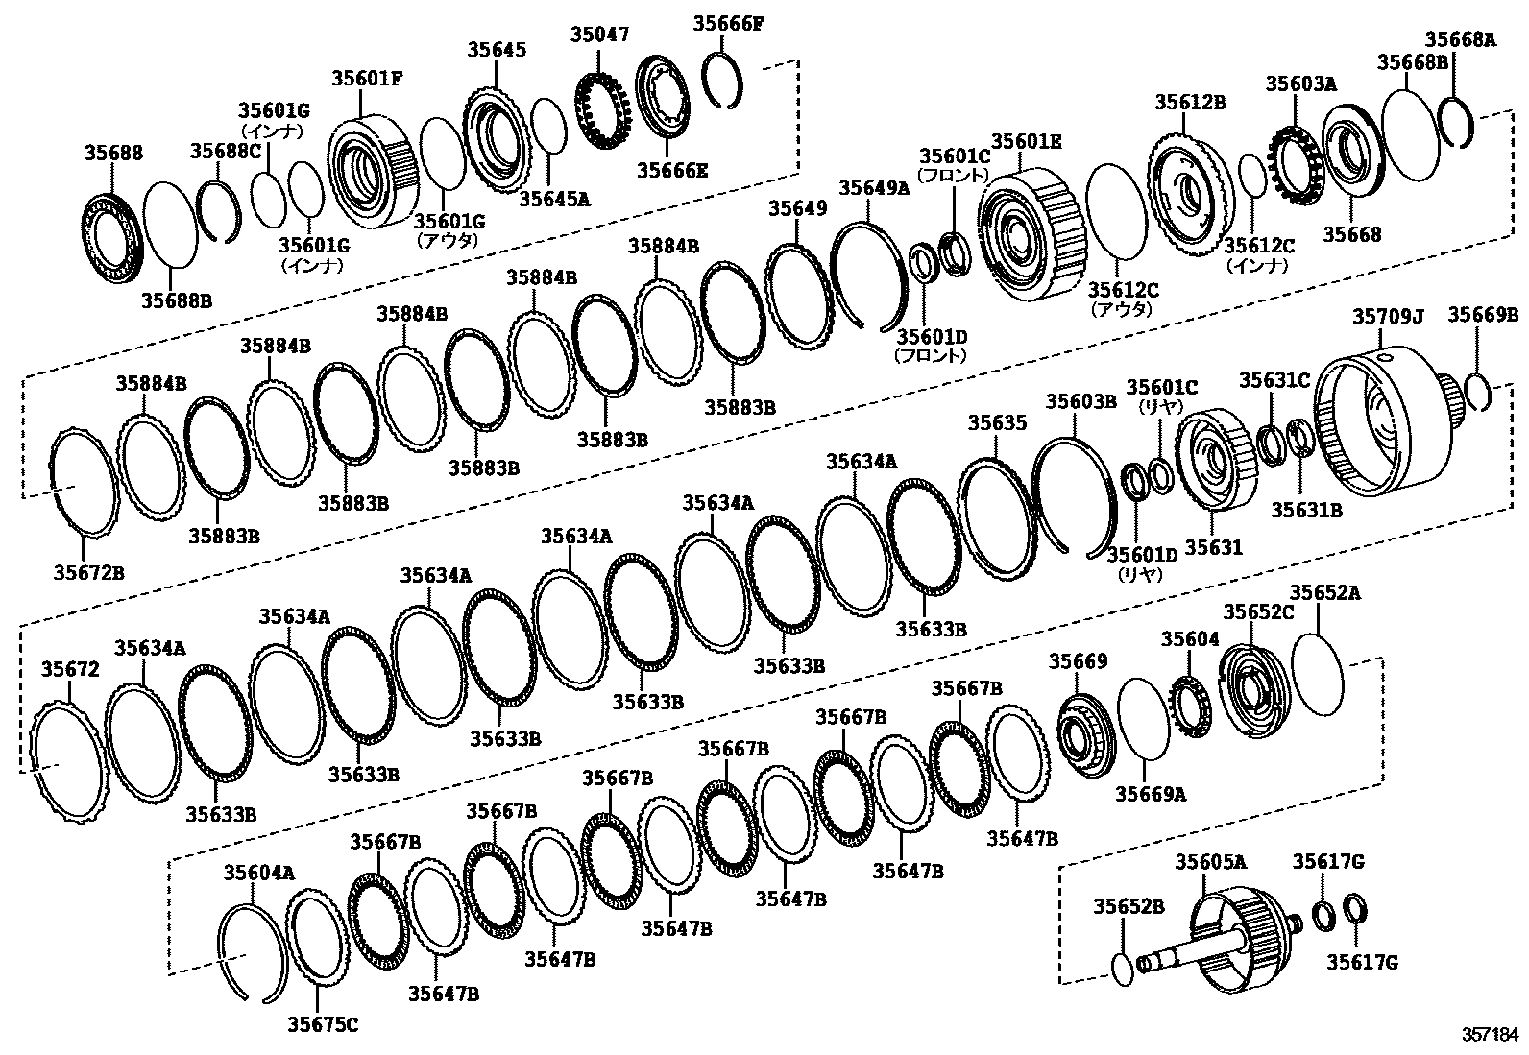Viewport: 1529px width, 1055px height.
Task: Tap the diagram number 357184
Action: click(1491, 1035)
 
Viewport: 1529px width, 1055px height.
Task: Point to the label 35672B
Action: click(88, 573)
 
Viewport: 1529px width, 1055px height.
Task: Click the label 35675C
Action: click(323, 1024)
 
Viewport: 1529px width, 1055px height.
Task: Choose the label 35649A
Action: click(874, 187)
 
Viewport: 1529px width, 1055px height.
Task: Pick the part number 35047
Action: click(598, 36)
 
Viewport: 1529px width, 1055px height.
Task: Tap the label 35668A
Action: click(1460, 39)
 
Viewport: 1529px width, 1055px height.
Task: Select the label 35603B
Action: click(1080, 401)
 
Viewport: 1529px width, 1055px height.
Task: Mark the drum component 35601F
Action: click(370, 173)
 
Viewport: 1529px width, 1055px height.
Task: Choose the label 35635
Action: click(997, 423)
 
